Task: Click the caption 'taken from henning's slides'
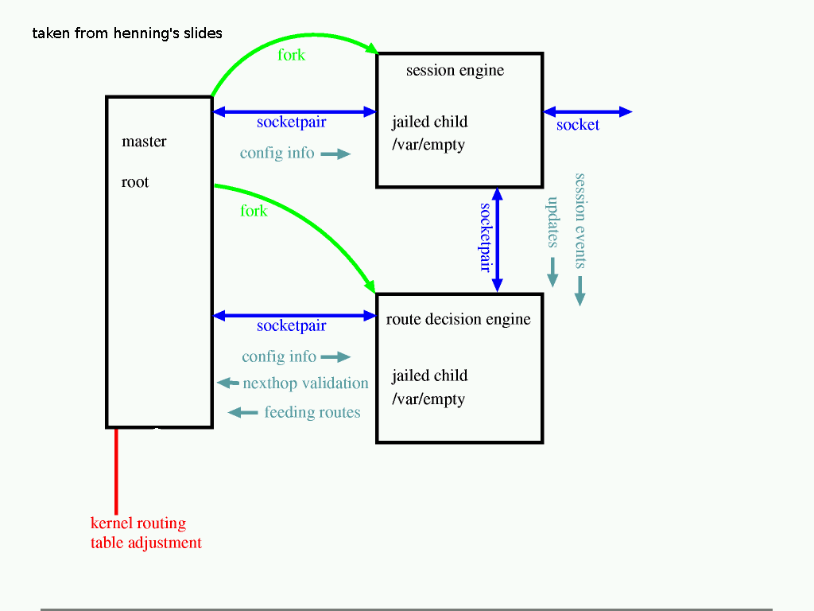[x=127, y=33]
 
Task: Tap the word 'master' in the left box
[x=144, y=142]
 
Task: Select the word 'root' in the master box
[x=135, y=182]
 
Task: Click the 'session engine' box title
[x=455, y=70]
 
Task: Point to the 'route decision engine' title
[x=458, y=319]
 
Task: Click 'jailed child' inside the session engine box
[x=429, y=122]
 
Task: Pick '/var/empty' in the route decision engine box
[x=428, y=399]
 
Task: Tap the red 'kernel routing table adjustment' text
[x=145, y=533]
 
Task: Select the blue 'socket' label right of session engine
[x=578, y=125]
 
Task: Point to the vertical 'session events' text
[x=580, y=220]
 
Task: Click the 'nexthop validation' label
[x=305, y=383]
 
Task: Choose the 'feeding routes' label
[x=312, y=412]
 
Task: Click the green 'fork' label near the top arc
[x=292, y=55]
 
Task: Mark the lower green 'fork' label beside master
[x=254, y=211]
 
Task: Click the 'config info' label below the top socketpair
[x=277, y=153]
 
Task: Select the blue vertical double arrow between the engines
[x=498, y=239]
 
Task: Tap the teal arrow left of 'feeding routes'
[x=243, y=412]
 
